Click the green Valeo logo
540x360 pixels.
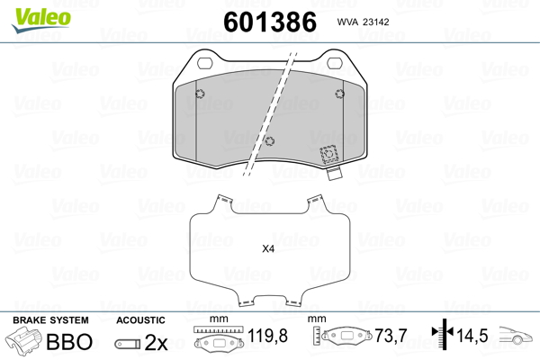pos(41,20)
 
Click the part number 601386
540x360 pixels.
pos(270,22)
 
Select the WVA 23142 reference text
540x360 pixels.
pos(363,22)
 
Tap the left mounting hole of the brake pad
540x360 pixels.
pos(205,63)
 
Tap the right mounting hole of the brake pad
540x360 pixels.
pos(335,63)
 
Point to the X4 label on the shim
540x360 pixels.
pos(268,248)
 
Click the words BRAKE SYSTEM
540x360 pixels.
pos(50,320)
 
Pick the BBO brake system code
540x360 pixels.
pos(69,341)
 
